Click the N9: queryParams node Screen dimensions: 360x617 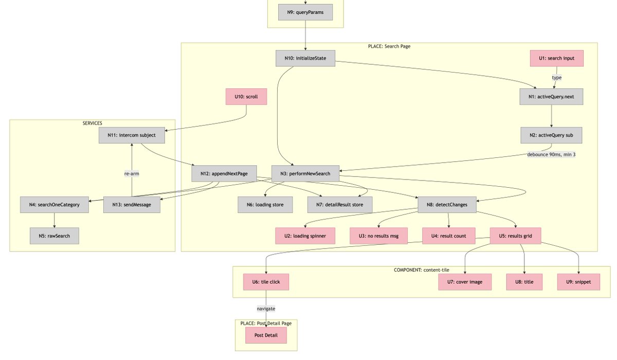pos(305,12)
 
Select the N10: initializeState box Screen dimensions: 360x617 pos(305,58)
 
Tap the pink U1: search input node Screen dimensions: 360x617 pos(557,58)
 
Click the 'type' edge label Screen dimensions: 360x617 pos(557,78)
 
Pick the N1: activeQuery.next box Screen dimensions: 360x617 pos(551,97)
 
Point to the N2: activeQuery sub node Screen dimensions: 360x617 pos(551,135)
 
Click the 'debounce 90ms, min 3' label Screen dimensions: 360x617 pos(551,154)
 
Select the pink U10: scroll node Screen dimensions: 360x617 pos(246,97)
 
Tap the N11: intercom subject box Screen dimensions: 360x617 pos(132,135)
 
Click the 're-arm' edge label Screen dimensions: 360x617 pos(132,174)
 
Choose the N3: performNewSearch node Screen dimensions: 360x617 pos(305,173)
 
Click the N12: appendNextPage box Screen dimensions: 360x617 pos(227,173)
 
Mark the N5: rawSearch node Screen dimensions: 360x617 pos(55,236)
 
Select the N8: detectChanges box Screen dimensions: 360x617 pos(447,205)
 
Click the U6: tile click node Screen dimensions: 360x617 pos(266,282)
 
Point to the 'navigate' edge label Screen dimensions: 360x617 pos(266,309)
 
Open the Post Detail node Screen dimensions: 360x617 pos(266,335)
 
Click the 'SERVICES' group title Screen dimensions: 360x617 pos(93,123)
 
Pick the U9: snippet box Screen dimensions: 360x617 pos(578,282)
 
